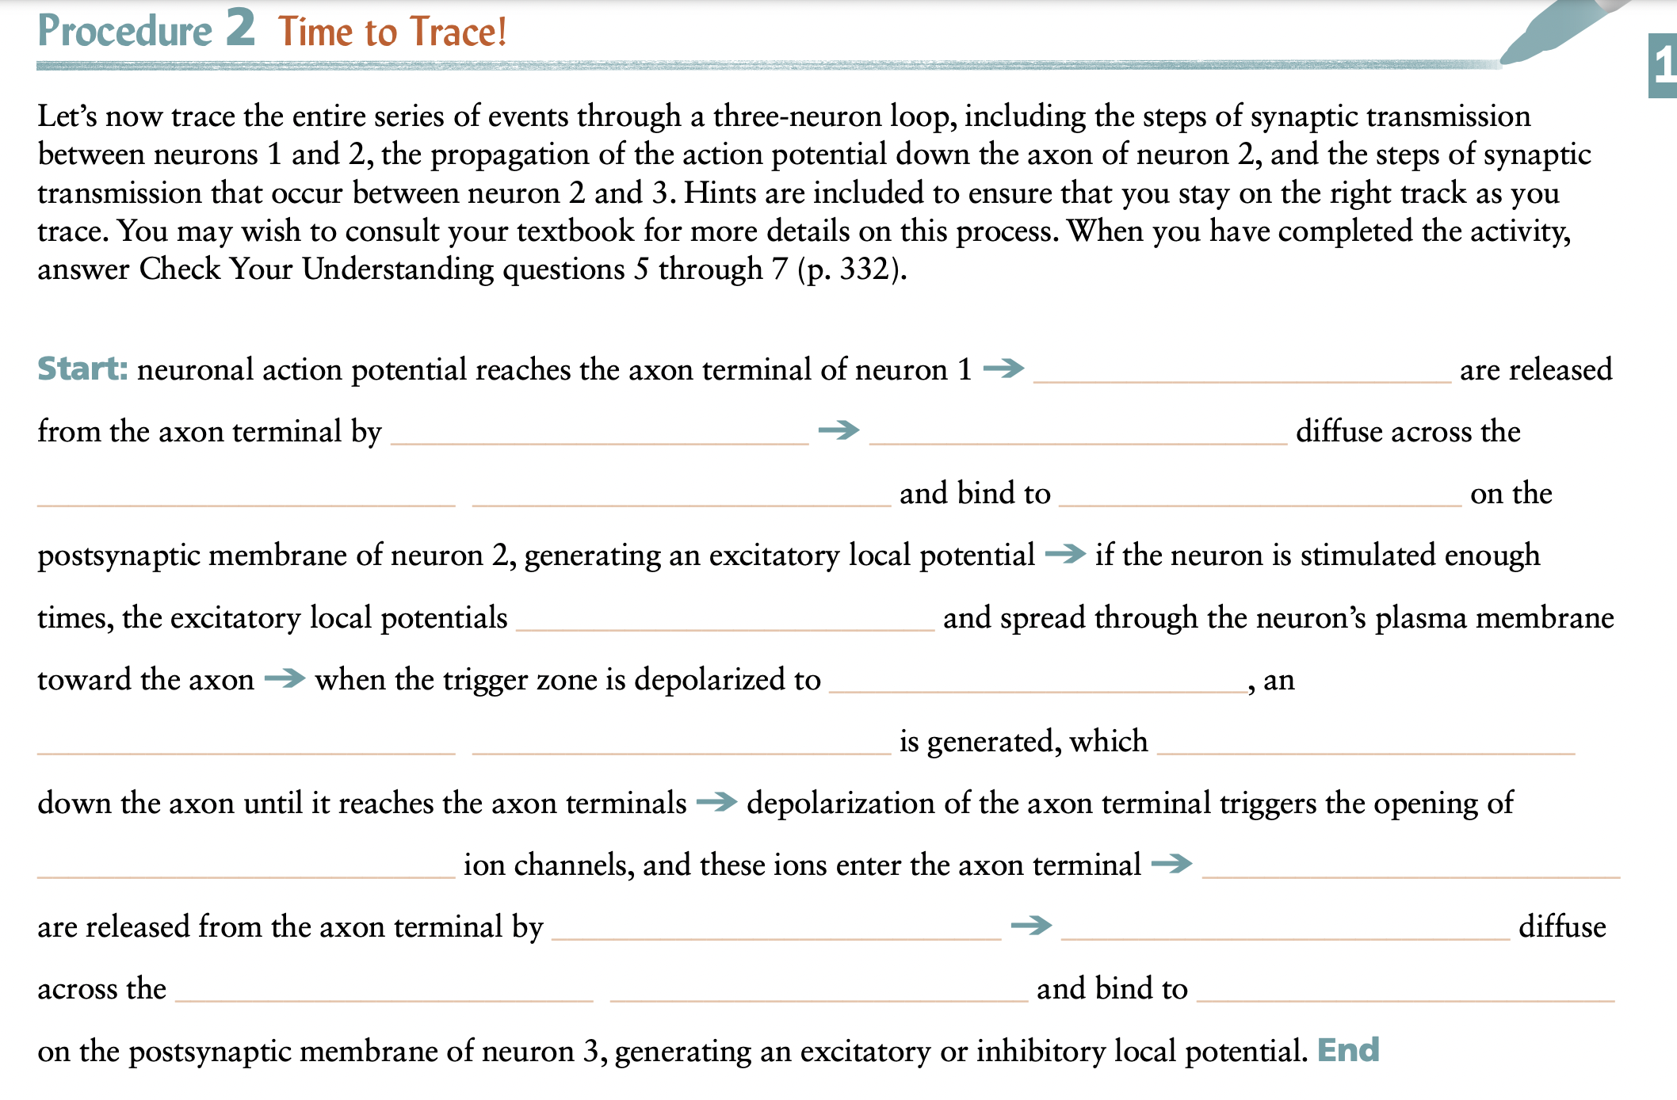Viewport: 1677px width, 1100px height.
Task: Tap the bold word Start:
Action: click(x=82, y=369)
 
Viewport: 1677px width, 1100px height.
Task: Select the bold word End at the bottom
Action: click(x=1347, y=1050)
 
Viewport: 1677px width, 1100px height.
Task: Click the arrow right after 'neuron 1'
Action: click(x=1003, y=369)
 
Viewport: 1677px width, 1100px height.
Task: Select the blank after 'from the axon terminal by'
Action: click(x=599, y=436)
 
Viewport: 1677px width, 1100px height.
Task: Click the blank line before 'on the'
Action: click(x=1260, y=498)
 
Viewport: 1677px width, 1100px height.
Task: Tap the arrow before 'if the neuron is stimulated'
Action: click(x=1064, y=554)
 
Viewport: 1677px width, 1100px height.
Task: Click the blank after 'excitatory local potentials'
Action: click(x=724, y=622)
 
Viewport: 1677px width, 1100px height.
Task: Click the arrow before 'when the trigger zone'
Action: click(x=285, y=678)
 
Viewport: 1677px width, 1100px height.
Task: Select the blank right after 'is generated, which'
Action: click(x=1365, y=746)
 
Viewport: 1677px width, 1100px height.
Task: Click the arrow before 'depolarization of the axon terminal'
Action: click(x=716, y=802)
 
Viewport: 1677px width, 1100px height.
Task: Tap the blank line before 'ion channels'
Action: click(x=246, y=869)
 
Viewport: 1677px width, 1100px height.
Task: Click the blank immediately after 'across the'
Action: click(x=384, y=993)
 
